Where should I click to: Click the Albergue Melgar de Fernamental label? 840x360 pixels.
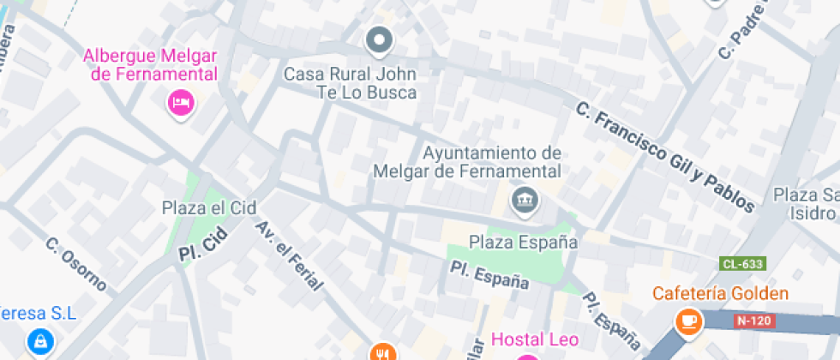150,64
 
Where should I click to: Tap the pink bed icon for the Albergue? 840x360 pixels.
181,104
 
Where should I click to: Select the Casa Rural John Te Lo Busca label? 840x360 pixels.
351,83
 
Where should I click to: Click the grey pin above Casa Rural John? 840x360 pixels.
379,39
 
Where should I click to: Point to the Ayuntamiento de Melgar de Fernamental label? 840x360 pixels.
467,162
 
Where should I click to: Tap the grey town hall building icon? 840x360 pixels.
522,202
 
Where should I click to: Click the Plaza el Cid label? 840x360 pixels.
209,207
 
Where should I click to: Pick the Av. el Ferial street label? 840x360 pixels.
287,255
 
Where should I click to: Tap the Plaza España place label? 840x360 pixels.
523,242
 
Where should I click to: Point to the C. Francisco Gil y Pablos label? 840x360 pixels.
665,158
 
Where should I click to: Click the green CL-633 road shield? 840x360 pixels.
742,264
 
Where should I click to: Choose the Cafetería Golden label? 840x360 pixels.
720,294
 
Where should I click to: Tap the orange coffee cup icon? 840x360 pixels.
688,321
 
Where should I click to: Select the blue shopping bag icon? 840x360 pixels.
39,343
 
